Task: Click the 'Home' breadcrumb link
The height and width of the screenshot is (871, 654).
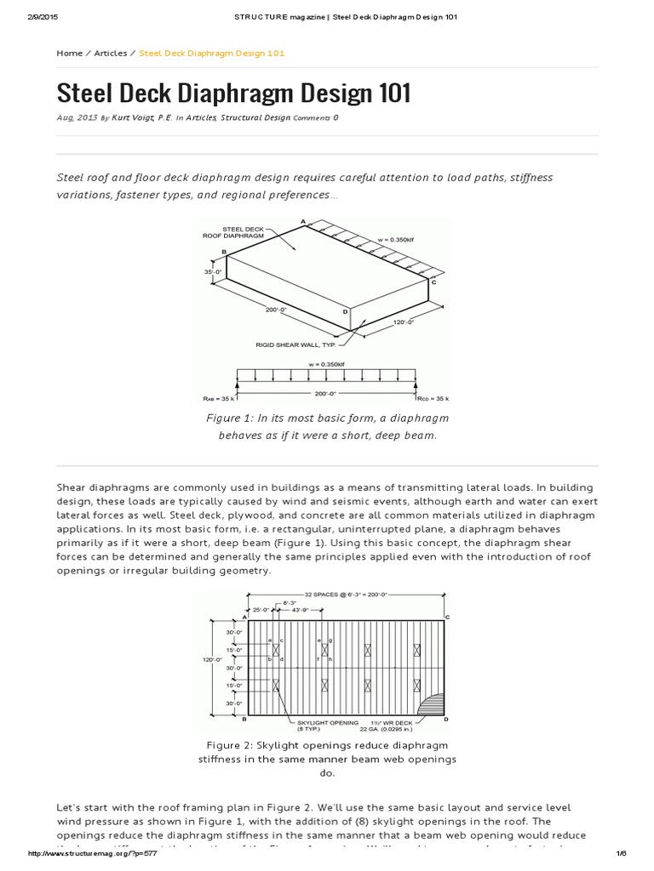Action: (x=69, y=53)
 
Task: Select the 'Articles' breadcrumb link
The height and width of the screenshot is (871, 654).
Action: (x=110, y=53)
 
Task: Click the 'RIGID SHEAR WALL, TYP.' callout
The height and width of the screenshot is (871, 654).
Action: (x=296, y=344)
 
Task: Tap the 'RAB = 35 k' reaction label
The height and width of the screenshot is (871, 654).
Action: (x=219, y=398)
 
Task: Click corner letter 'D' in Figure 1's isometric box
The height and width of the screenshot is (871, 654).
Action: (x=345, y=312)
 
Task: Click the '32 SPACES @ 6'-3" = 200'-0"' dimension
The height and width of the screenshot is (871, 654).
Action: (x=339, y=594)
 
